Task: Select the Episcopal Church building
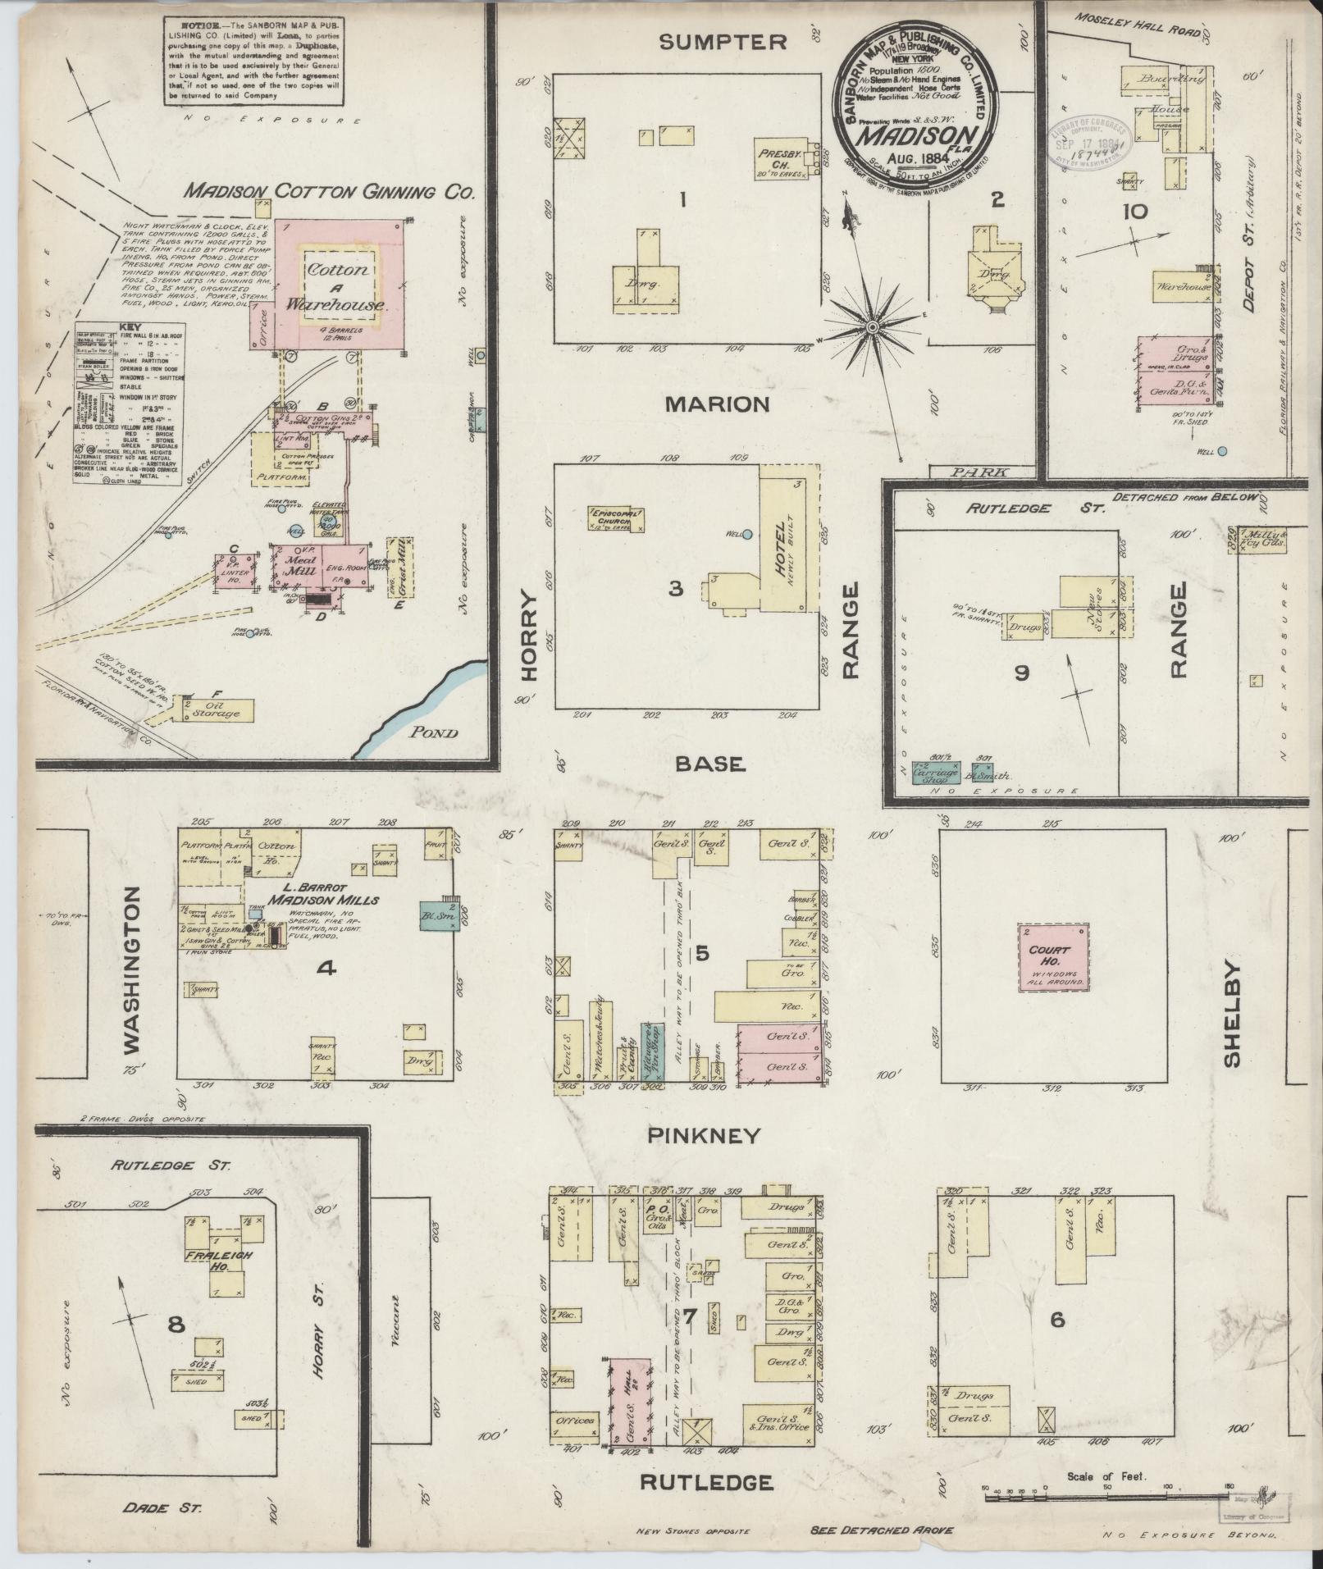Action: (x=615, y=518)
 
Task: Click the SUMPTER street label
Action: (x=723, y=43)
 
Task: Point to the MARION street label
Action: (x=718, y=404)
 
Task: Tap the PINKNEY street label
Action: (x=704, y=1136)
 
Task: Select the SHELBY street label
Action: (x=1232, y=1014)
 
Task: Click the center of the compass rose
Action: (x=874, y=328)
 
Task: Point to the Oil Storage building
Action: (x=215, y=709)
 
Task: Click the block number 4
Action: (x=326, y=969)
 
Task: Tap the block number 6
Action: (x=1056, y=1320)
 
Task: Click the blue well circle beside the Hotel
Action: (x=747, y=535)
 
